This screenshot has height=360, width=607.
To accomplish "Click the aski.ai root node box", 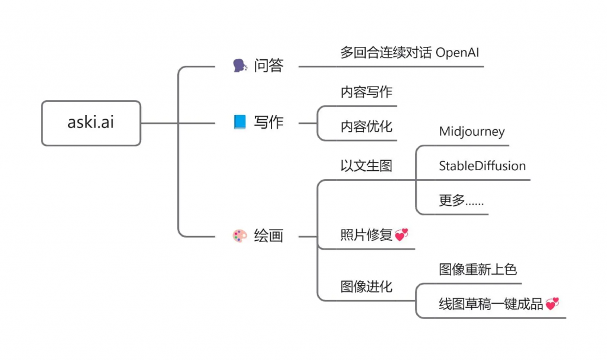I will coord(91,123).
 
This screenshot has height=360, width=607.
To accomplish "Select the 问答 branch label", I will coord(269,66).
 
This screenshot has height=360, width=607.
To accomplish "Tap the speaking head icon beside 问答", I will coord(240,66).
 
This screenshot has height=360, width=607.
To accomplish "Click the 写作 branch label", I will coord(269,123).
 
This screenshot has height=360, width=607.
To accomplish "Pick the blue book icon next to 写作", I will coord(240,123).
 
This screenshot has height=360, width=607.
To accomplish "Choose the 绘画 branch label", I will coord(269,236).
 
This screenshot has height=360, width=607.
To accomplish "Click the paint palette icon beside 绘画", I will coord(240,236).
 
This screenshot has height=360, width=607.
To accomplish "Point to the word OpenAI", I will coord(457,52).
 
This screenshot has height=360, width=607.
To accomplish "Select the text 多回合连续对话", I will coord(386,52).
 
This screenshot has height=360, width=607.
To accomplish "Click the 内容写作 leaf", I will coord(366,92).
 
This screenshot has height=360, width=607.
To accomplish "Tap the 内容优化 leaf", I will coord(366,126).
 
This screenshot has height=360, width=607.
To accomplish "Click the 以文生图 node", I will coord(366,165).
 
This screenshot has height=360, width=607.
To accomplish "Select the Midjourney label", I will coord(471,132).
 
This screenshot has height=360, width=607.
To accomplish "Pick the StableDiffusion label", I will coord(482,166).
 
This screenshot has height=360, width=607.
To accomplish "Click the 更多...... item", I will coord(461,200).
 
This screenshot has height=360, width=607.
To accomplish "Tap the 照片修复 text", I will coord(366,235).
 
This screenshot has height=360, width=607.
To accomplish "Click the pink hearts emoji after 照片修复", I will coord(401,235).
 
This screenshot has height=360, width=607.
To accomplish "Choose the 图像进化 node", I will coord(366,287).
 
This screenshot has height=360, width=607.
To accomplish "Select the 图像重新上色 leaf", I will coord(478,270).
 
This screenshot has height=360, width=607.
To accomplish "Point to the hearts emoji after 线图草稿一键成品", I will coord(552,304).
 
